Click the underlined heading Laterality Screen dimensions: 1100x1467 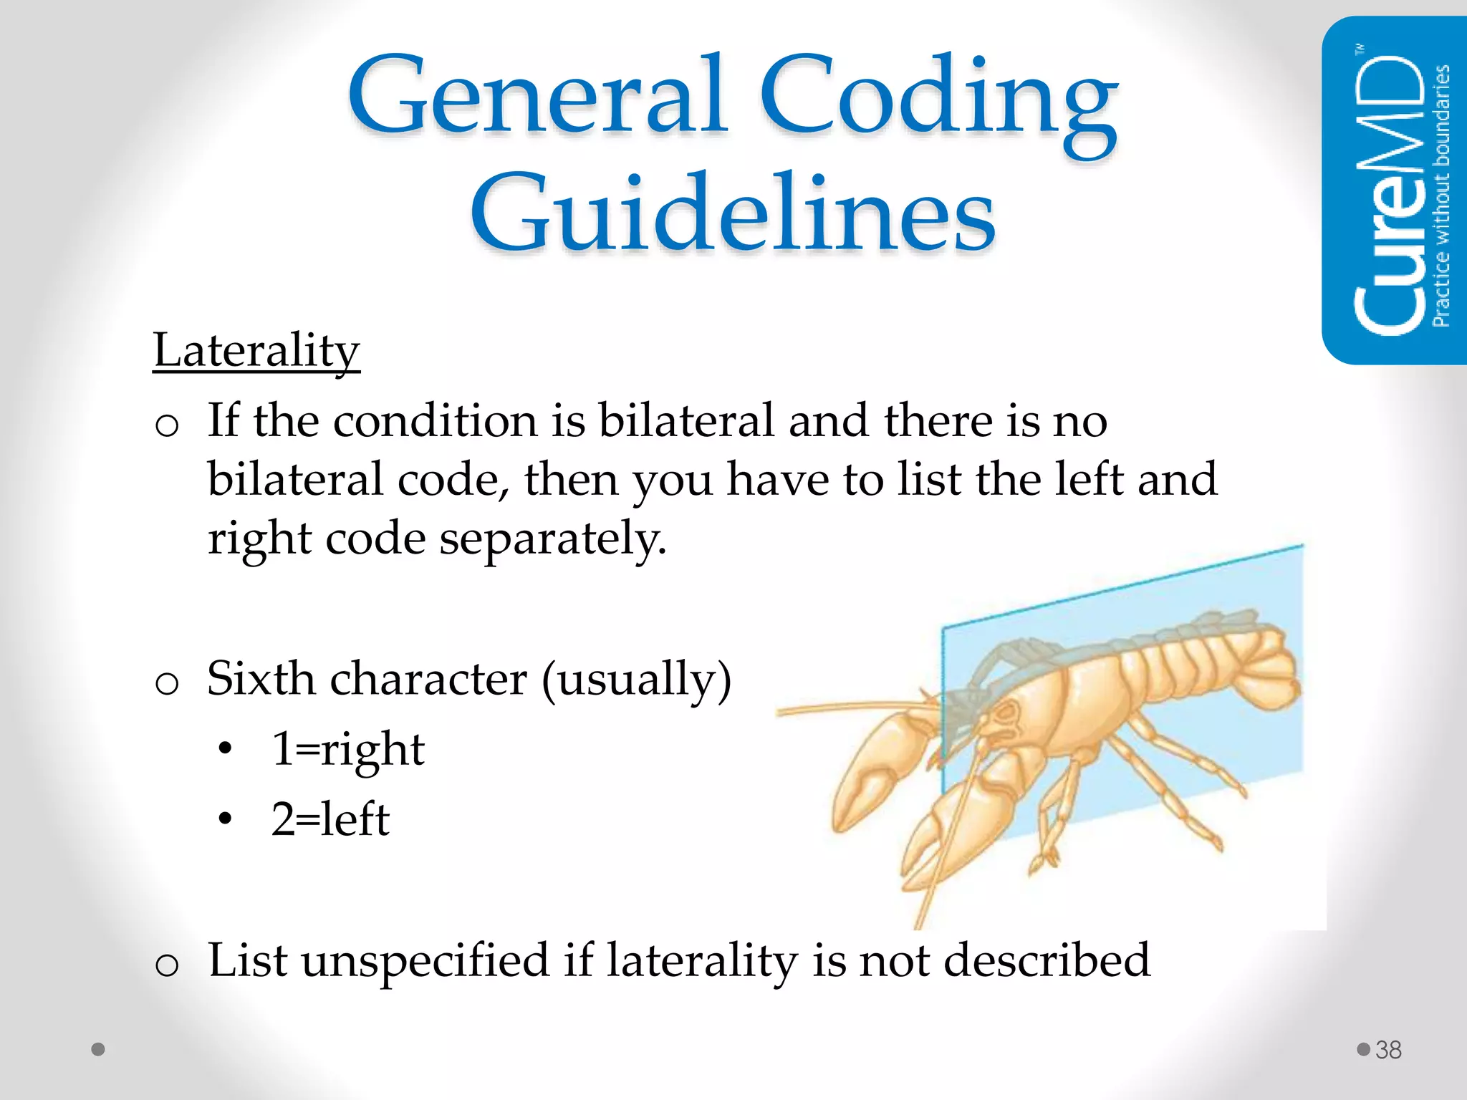[x=256, y=351]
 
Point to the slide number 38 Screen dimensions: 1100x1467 [x=1388, y=1050]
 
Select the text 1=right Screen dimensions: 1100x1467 [x=348, y=749]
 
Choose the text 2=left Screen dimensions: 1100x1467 [x=330, y=819]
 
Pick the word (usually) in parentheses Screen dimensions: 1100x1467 [x=636, y=680]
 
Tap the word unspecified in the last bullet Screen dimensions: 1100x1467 [x=425, y=960]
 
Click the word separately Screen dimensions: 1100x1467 [x=553, y=539]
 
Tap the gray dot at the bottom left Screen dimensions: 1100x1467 [x=98, y=1049]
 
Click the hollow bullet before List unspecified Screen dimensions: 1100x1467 [x=167, y=965]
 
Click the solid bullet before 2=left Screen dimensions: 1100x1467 [x=226, y=819]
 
